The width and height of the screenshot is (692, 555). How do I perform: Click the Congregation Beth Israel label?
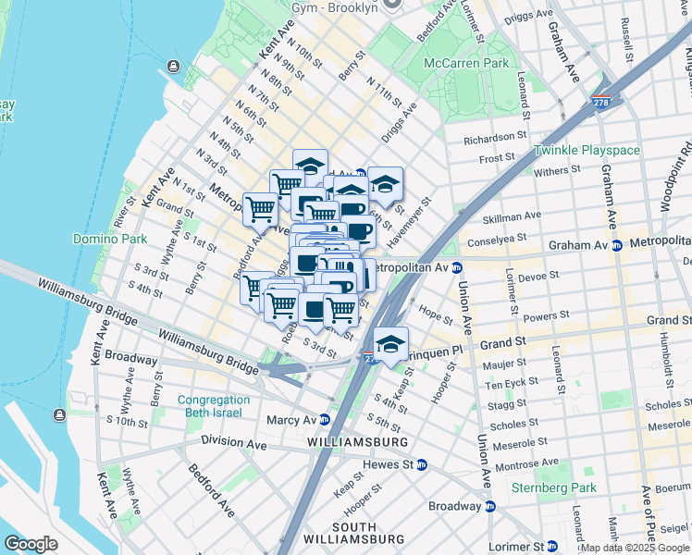pos(214,406)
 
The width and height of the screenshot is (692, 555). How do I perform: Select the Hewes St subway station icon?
pos(421,464)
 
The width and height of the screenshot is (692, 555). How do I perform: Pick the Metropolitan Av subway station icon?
pos(457,267)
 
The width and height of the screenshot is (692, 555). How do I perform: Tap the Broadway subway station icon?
pos(490,506)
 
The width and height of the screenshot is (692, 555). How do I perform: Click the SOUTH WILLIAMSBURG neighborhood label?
pos(354,532)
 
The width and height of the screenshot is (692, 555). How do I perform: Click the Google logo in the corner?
pos(31,544)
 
